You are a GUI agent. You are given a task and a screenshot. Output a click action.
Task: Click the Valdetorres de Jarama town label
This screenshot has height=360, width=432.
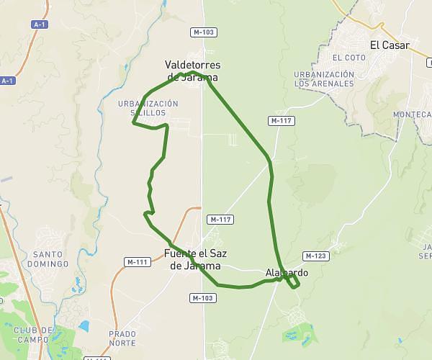tap(191, 69)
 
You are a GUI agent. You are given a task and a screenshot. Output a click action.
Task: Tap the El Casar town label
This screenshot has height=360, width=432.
tap(390, 45)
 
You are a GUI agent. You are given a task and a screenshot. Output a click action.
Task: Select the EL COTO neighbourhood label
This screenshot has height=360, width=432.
tap(345, 57)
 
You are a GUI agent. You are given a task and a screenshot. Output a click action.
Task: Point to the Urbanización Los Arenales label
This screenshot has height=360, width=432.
tap(324, 78)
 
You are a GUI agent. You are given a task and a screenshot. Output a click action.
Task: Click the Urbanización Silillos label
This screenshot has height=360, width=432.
tap(148, 108)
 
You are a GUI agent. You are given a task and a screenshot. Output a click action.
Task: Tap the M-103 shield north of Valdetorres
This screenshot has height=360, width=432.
tap(204, 32)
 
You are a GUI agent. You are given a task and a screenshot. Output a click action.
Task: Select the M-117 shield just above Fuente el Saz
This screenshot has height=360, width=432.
tap(220, 220)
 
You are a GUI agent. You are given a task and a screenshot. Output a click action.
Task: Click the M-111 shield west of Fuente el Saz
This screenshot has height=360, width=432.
tap(136, 262)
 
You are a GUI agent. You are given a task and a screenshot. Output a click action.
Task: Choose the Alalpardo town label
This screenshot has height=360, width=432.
tap(287, 273)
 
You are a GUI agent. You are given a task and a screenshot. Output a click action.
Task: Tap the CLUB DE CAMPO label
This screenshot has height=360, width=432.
tap(33, 334)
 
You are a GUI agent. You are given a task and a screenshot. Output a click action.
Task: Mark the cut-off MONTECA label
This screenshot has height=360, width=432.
tap(411, 114)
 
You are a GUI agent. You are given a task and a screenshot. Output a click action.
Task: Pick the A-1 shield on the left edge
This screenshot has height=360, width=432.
tap(7, 81)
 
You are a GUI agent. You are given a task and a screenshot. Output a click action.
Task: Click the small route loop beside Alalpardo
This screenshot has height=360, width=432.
tap(292, 282)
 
